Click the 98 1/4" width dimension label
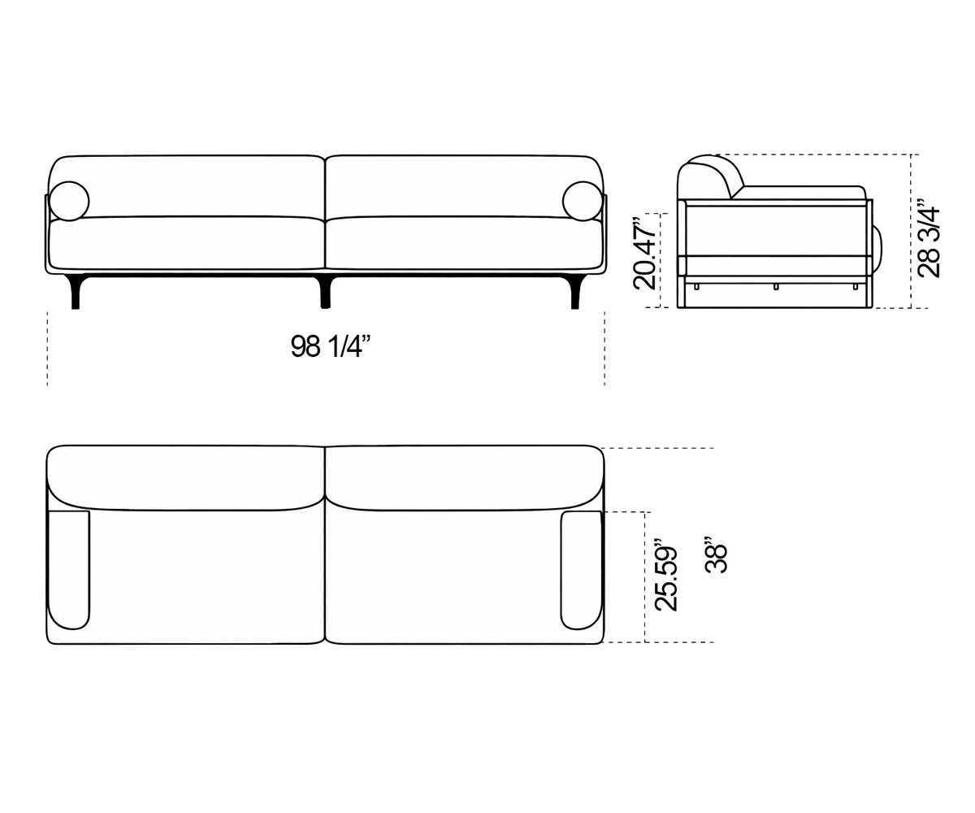[330, 346]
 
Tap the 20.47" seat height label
[645, 253]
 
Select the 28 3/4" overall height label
[929, 239]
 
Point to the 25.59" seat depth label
[665, 575]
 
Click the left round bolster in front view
[69, 201]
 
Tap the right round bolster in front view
[583, 201]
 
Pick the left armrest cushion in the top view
[68, 570]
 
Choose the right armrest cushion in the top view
[582, 570]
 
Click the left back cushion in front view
[187, 186]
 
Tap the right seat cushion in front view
[464, 243]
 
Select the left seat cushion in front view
[187, 243]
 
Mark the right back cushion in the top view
[464, 477]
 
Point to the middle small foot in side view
[776, 287]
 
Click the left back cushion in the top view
[186, 477]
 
